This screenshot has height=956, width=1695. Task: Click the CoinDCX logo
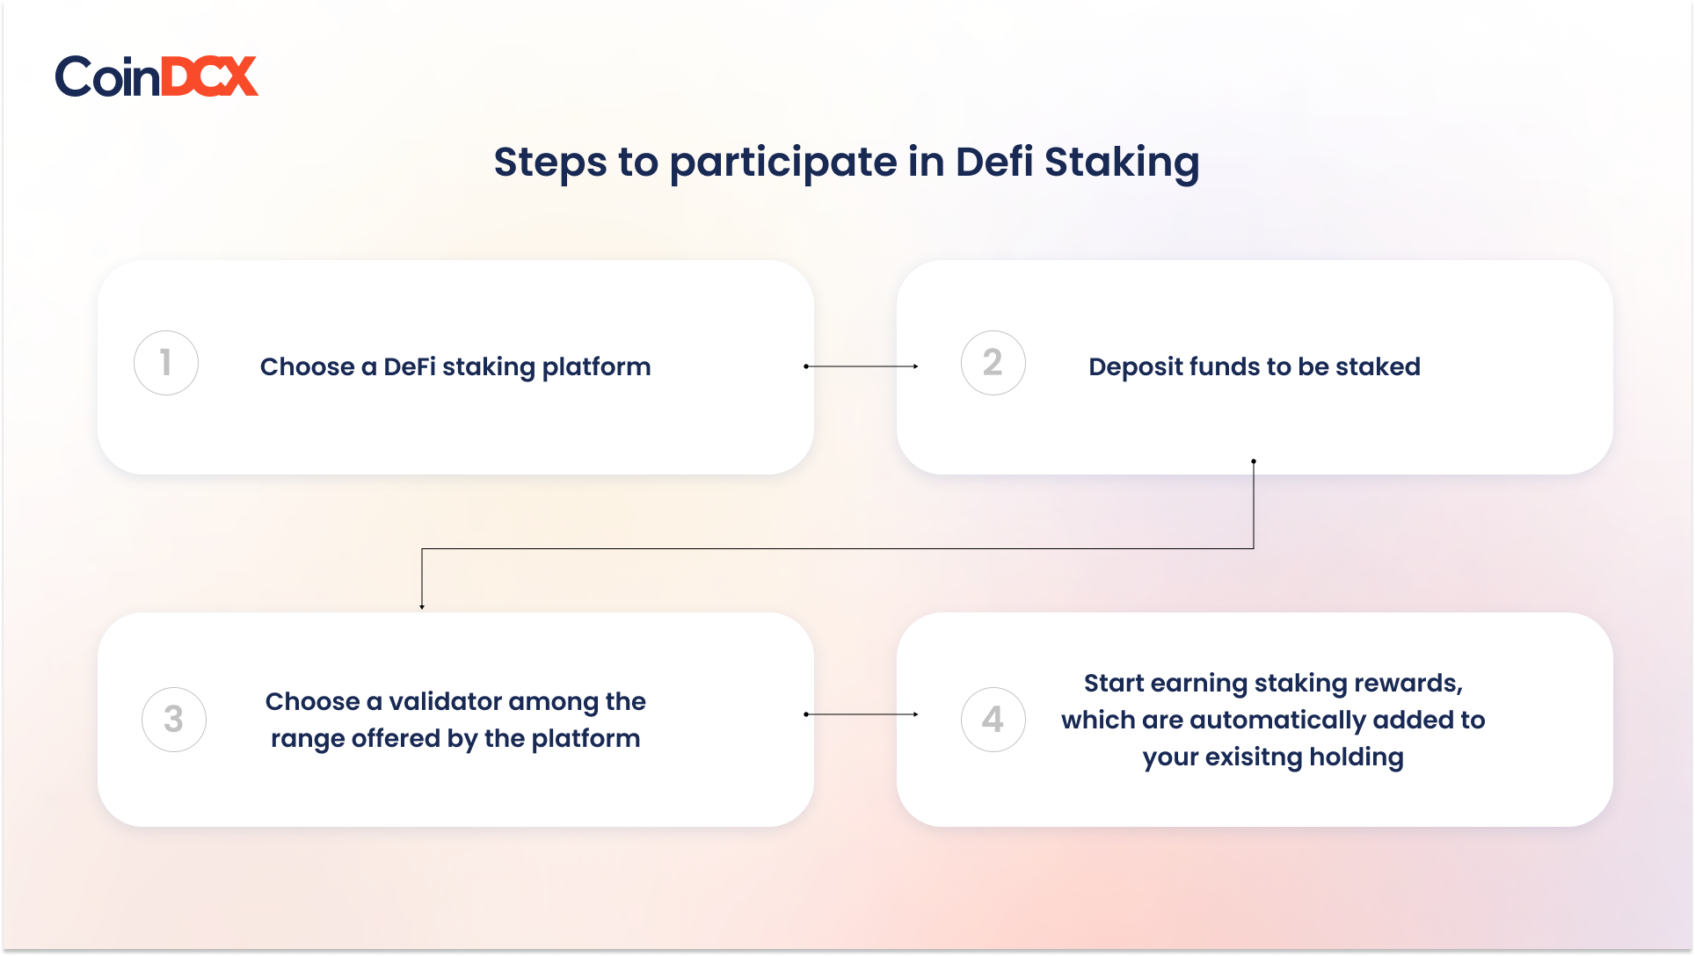(156, 76)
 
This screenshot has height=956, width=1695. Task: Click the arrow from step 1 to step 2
(862, 366)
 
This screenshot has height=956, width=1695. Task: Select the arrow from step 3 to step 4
(862, 714)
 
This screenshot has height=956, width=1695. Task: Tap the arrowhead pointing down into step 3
(422, 607)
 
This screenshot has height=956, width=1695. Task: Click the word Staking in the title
(1122, 163)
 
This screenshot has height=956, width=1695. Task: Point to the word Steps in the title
(550, 163)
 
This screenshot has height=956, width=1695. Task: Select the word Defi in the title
(994, 162)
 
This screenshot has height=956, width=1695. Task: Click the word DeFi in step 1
(410, 366)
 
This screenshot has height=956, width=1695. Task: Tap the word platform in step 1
(596, 367)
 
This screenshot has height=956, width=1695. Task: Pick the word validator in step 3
(445, 701)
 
